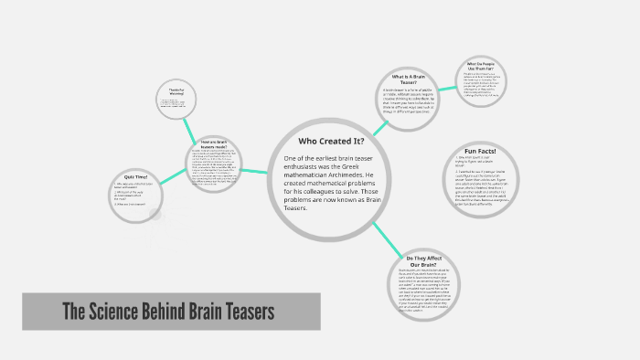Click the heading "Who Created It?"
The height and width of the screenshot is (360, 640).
331,141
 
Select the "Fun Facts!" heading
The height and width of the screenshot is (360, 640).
479,151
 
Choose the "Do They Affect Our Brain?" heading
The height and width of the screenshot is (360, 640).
423,261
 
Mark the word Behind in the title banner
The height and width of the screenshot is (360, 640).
183,312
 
